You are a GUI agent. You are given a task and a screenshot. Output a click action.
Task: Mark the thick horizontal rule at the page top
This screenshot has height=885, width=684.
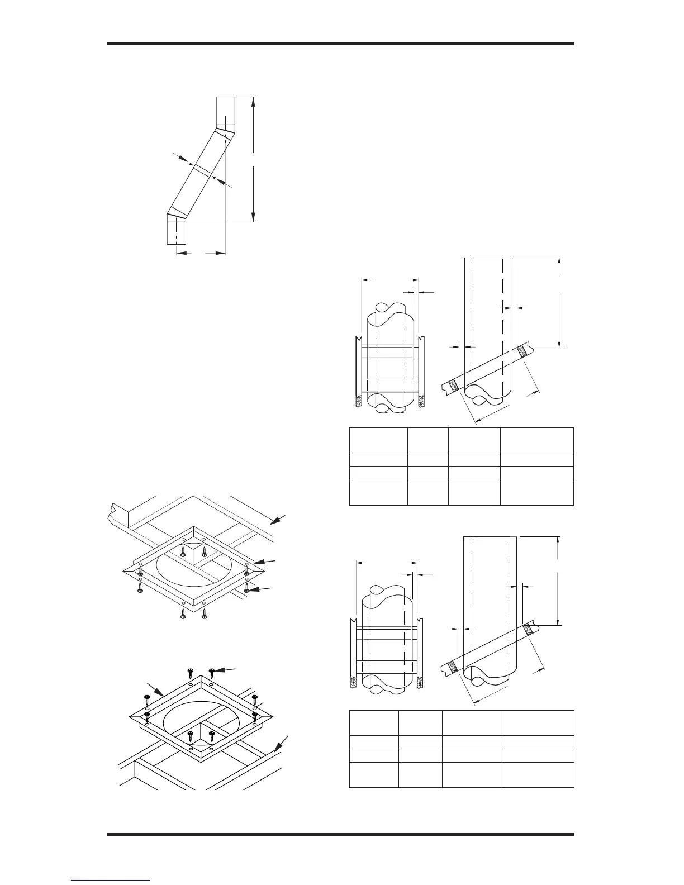click(x=341, y=44)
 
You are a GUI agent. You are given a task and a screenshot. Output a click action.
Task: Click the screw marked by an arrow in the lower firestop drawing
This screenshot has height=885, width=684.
click(x=212, y=671)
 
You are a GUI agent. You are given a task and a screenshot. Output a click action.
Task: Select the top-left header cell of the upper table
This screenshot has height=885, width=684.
click(x=378, y=440)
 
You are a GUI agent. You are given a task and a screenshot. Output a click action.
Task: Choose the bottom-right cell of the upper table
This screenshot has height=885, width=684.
click(x=536, y=492)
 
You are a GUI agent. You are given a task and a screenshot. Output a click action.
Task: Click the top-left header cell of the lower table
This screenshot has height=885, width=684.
click(x=373, y=722)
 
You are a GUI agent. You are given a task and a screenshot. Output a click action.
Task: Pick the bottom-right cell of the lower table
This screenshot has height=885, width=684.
click(x=537, y=774)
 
